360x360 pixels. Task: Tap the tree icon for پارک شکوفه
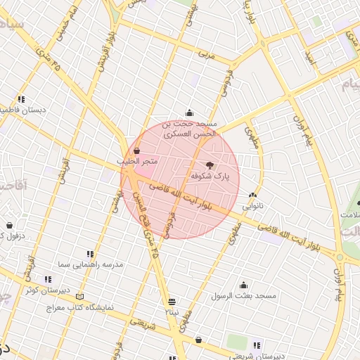click(x=210, y=164)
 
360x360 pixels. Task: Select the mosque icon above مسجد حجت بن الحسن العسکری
click(x=189, y=112)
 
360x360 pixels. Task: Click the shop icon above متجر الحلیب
click(x=136, y=150)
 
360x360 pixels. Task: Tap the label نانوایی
click(x=254, y=207)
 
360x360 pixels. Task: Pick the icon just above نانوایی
click(x=253, y=195)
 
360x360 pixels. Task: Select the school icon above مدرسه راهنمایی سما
click(x=90, y=253)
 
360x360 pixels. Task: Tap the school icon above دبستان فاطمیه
click(x=21, y=99)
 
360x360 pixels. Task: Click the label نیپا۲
click(x=172, y=311)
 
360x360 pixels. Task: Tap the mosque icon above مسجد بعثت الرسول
click(x=244, y=285)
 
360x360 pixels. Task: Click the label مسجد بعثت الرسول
click(x=244, y=296)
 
